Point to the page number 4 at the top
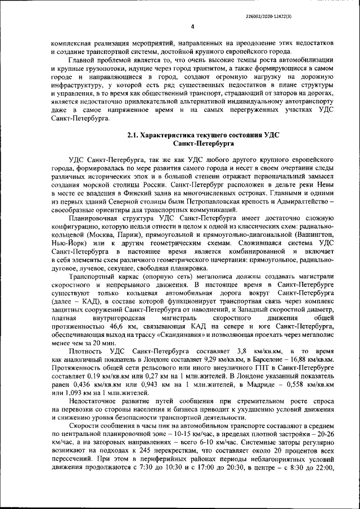(x=192, y=26)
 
